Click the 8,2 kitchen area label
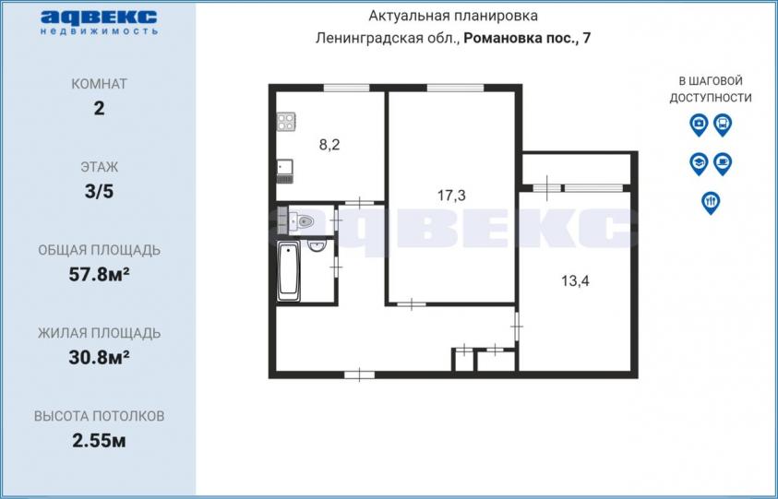pyautogui.click(x=329, y=146)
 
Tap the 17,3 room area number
pyautogui.click(x=451, y=196)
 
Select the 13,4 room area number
pyautogui.click(x=576, y=281)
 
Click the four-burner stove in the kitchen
pyautogui.click(x=286, y=122)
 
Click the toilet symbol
pyautogui.click(x=302, y=221)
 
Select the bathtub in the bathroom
pyautogui.click(x=288, y=271)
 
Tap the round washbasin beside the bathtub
pyautogui.click(x=316, y=245)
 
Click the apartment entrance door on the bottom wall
pyautogui.click(x=359, y=374)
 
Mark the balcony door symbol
pyautogui.click(x=547, y=188)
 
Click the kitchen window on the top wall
pyautogui.click(x=346, y=89)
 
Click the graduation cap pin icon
pyautogui.click(x=699, y=163)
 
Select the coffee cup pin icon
pyautogui.click(x=723, y=163)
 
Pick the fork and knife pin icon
pyautogui.click(x=711, y=203)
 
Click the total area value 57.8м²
pyautogui.click(x=100, y=274)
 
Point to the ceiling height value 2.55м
pyautogui.click(x=100, y=441)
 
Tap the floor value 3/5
pyautogui.click(x=100, y=192)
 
